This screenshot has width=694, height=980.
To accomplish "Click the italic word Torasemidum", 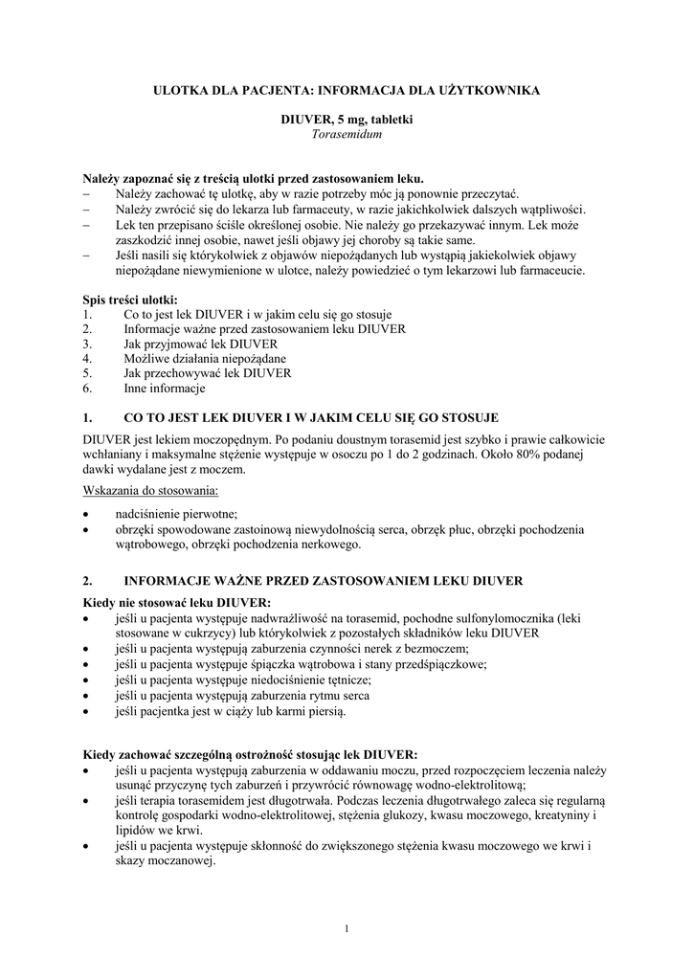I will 347,135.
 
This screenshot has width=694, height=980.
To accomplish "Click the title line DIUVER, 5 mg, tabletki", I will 347,119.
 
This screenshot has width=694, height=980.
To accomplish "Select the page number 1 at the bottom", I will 347,927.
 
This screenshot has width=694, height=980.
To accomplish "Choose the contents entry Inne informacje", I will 165,388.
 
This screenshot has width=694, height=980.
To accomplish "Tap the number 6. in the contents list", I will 88,388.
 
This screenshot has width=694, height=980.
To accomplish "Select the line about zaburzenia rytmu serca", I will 242,696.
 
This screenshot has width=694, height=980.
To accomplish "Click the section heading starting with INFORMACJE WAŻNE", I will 324,581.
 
